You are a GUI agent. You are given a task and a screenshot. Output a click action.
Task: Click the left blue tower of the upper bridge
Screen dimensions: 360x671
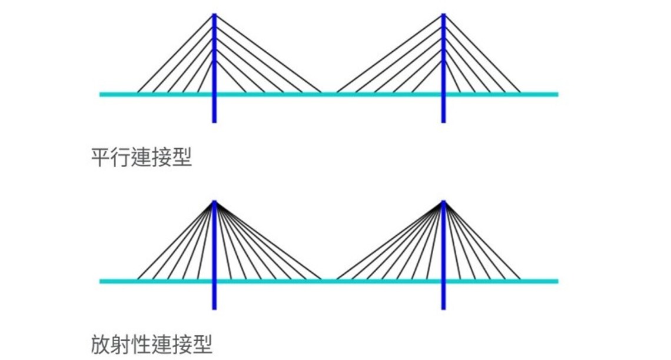(214, 109)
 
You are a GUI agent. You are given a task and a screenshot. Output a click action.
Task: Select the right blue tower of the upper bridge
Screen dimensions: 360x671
(443, 109)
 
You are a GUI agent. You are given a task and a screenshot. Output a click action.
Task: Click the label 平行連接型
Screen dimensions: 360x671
(142, 158)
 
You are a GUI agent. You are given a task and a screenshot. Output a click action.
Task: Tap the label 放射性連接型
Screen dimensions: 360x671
(152, 344)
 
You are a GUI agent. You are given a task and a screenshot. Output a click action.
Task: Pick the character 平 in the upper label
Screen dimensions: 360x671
(101, 158)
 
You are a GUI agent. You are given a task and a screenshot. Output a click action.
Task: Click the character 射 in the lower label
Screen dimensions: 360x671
(121, 344)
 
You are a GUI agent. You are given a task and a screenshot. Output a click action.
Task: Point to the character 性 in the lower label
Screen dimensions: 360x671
(141, 344)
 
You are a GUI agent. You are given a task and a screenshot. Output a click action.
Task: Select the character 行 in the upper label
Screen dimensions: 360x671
(121, 158)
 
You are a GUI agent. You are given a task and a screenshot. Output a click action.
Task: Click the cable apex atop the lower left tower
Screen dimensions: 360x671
(214, 202)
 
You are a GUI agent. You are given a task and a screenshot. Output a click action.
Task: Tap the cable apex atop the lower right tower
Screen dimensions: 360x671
(443, 202)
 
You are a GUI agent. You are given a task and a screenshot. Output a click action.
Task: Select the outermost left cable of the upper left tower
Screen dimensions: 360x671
(175, 54)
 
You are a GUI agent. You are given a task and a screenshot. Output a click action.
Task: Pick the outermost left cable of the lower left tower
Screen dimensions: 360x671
(175, 241)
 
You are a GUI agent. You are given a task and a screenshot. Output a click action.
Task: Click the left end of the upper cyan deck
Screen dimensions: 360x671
(102, 94)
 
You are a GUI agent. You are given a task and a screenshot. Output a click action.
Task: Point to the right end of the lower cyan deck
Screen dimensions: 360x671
(556, 281)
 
